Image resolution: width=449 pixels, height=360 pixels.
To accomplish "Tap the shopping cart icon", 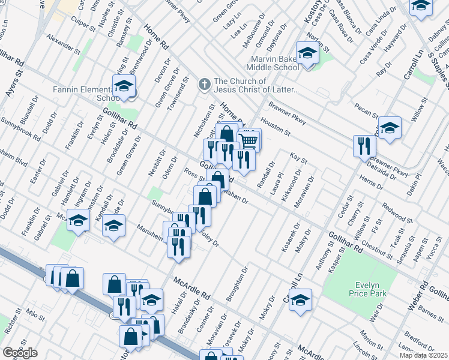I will pyautogui.click(x=250, y=140).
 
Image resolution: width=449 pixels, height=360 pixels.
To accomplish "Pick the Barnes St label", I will pyautogui.click(x=430, y=311).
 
